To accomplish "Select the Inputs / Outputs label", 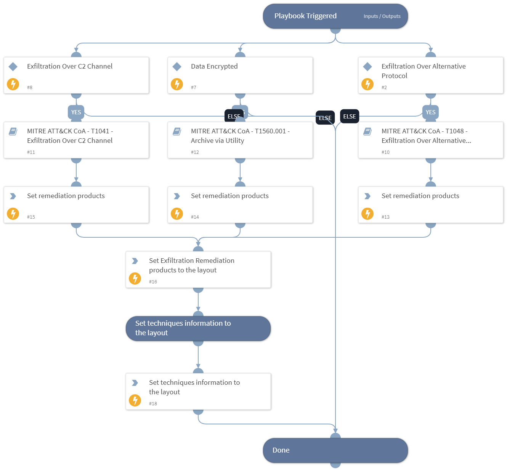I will pos(382,16).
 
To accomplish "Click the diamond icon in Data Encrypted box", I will pos(177,67).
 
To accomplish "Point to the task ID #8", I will pos(30,88).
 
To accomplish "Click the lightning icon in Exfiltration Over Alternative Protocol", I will pos(367,84).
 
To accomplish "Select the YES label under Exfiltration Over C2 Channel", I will pos(76,112).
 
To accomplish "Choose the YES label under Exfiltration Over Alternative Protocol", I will pos(430,112).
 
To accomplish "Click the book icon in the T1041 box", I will pos(13,131).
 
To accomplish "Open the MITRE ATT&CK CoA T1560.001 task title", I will pos(240,136).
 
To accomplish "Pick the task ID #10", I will pos(385,152).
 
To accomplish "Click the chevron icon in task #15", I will pos(13,196).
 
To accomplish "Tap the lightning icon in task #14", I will pos(177,214).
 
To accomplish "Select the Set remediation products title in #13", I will pos(420,196).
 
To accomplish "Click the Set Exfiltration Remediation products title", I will pos(191,265).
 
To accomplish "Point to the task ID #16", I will pos(153,282).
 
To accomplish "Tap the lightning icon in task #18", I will pos(135,400).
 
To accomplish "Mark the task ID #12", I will pos(195,152).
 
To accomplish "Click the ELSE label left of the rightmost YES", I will pos(349,117).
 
